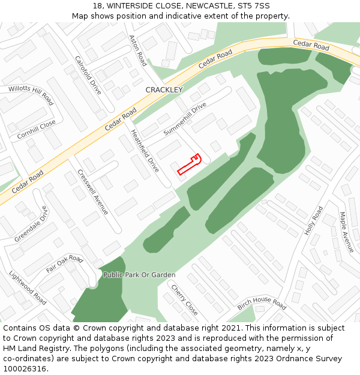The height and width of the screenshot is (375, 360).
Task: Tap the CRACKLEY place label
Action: pos(164,90)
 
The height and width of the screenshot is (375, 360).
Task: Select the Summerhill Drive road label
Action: pos(185,118)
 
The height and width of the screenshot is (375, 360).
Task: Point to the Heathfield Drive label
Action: pos(145,151)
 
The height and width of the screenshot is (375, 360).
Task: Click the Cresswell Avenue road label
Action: pos(93,192)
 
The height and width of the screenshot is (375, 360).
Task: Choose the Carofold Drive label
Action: pos(88,75)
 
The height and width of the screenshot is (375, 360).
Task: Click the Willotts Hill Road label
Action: pos(31,94)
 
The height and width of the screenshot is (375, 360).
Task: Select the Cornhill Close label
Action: pos(36,130)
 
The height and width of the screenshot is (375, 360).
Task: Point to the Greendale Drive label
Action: pos(31,224)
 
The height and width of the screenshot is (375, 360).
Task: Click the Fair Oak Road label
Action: pos(64,263)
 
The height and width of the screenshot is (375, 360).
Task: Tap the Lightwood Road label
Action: pos(28,287)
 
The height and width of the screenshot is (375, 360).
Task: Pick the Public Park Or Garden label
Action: pos(139,275)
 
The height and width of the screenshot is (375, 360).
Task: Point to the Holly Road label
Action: pos(314,220)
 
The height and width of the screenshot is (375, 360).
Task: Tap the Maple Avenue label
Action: pos(347,232)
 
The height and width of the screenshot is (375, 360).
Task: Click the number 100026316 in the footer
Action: pos(24,368)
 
